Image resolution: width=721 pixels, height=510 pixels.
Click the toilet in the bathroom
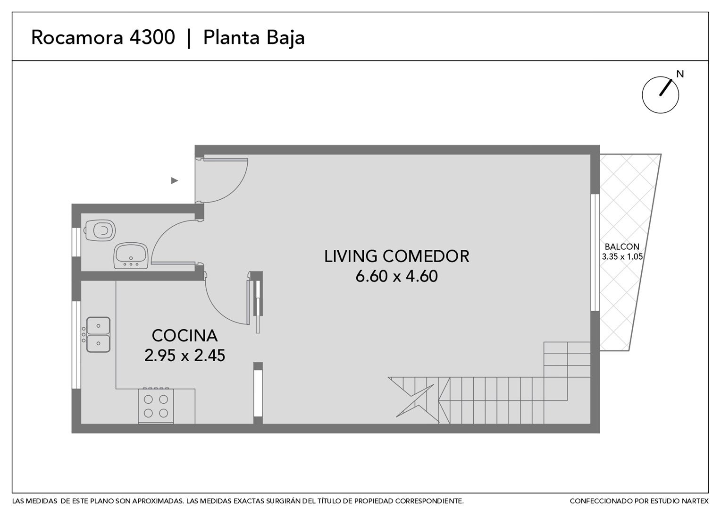click(x=100, y=230)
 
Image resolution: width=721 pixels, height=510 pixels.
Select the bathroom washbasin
click(x=131, y=256)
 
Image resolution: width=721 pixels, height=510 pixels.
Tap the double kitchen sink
click(x=98, y=334)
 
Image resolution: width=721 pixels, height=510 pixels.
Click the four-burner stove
click(x=156, y=406)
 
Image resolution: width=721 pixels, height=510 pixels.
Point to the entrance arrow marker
click(x=175, y=181)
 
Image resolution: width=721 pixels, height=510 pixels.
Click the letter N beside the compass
click(x=680, y=74)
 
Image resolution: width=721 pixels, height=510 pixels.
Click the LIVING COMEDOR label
click(x=396, y=256)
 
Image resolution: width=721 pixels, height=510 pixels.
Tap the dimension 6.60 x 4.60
click(x=396, y=276)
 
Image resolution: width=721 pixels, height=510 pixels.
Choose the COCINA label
click(x=185, y=336)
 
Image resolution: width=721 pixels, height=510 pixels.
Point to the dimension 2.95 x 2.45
click(x=185, y=356)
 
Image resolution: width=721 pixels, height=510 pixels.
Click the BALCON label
click(x=622, y=247)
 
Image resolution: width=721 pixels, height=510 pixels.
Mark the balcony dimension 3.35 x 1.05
click(x=622, y=257)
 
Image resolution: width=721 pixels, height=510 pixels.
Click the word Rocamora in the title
click(x=77, y=37)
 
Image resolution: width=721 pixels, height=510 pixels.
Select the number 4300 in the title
click(x=152, y=37)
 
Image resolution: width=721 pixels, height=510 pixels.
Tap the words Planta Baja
click(x=254, y=38)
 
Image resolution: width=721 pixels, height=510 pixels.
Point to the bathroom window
click(x=76, y=242)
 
